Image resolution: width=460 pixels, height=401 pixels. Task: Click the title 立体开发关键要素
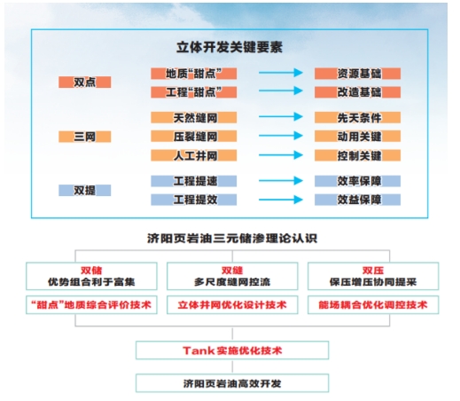(x=230, y=47)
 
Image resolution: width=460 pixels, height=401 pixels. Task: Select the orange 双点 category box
(x=85, y=82)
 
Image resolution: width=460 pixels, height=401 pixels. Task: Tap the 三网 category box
(x=85, y=137)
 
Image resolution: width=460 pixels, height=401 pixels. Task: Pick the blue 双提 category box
(x=85, y=190)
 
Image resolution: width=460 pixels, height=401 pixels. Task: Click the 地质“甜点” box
(x=194, y=74)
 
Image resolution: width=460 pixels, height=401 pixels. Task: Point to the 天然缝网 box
(x=194, y=117)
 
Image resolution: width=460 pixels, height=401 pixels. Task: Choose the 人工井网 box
(x=194, y=155)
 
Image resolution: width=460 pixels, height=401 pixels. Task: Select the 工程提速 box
(x=194, y=181)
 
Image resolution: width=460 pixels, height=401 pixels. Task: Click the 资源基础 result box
(x=357, y=74)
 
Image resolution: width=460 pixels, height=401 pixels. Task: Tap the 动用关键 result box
(x=357, y=137)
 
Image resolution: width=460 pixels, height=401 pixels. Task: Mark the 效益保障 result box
(x=357, y=200)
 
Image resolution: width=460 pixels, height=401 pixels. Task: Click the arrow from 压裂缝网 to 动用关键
(x=281, y=136)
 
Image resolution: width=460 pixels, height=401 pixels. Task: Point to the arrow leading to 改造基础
(x=281, y=90)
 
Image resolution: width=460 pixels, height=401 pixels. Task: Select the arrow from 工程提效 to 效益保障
(x=281, y=200)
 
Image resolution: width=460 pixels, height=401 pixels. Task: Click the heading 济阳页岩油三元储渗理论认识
(x=232, y=239)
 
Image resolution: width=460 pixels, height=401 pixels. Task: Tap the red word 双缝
(x=232, y=271)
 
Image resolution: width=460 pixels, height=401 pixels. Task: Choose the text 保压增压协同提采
(x=373, y=282)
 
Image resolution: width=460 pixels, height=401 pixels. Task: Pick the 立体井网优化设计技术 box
(x=232, y=304)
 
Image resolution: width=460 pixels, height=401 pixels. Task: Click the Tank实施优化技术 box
(x=232, y=350)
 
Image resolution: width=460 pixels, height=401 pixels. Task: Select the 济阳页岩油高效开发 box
(x=232, y=383)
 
